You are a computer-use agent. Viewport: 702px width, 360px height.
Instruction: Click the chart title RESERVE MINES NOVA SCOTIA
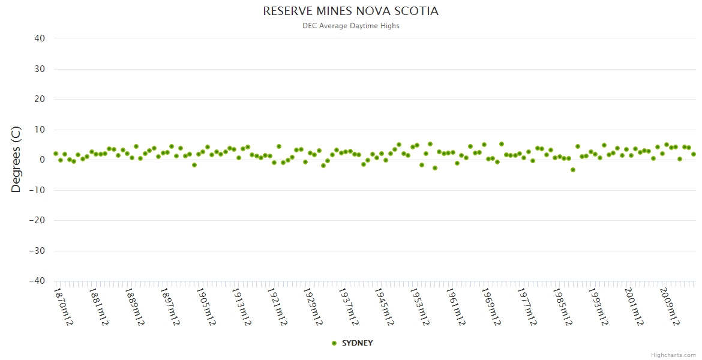point(350,11)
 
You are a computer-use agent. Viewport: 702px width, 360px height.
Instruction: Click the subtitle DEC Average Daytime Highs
point(350,26)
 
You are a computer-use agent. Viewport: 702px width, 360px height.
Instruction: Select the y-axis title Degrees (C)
point(16,159)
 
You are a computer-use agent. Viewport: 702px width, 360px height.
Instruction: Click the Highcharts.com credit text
point(673,355)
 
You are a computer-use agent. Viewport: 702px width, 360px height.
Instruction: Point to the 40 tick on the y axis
point(40,38)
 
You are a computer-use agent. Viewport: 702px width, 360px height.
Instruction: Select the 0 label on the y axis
point(43,160)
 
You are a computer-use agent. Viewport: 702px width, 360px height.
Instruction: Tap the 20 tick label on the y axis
point(40,99)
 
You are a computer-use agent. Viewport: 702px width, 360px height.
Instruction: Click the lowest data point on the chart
point(573,170)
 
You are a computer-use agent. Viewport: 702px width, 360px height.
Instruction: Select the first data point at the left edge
point(56,154)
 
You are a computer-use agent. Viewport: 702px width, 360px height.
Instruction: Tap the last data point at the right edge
point(694,154)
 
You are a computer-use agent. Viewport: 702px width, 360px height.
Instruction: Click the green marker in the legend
point(334,343)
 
